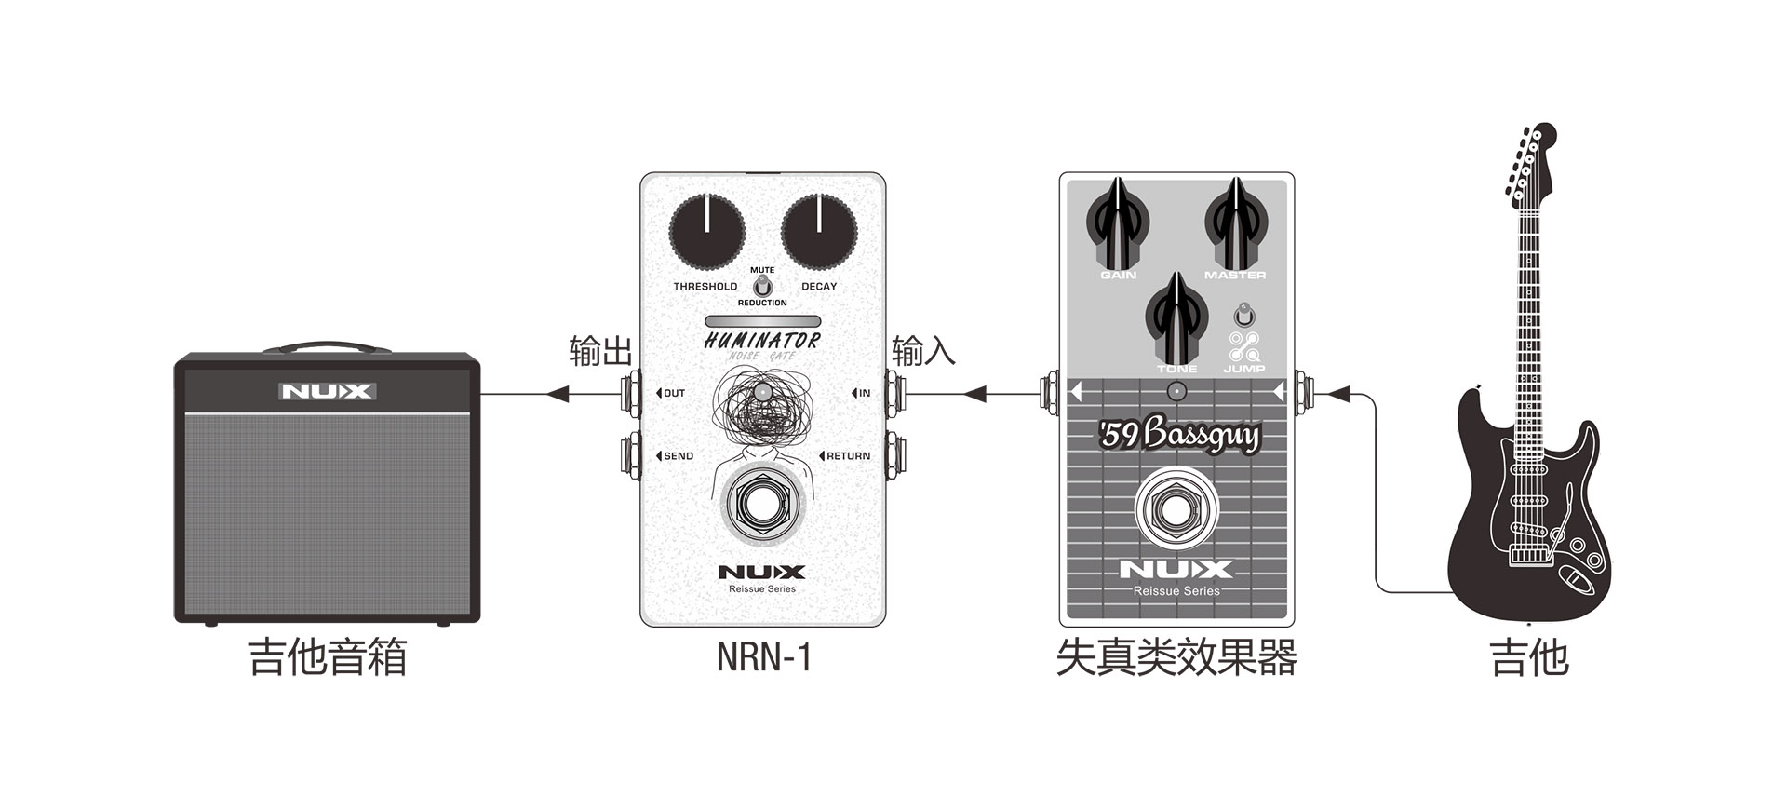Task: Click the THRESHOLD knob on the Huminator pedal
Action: click(x=707, y=232)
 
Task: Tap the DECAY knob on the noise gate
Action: click(x=819, y=232)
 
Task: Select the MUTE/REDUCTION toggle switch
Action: click(x=762, y=286)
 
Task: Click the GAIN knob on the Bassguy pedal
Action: click(x=1118, y=224)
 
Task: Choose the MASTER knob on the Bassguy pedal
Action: click(x=1235, y=224)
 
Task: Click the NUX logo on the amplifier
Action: click(x=328, y=391)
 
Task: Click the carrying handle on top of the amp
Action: click(x=327, y=347)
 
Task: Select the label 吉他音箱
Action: click(x=328, y=657)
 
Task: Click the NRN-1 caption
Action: click(x=763, y=657)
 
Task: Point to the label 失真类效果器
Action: click(x=1176, y=657)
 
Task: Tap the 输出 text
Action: click(x=600, y=352)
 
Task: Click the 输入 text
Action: click(x=923, y=352)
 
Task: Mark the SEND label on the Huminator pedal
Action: click(x=678, y=456)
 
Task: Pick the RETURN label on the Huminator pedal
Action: click(x=847, y=456)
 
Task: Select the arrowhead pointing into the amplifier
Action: click(x=558, y=394)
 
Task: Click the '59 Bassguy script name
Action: click(x=1179, y=435)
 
